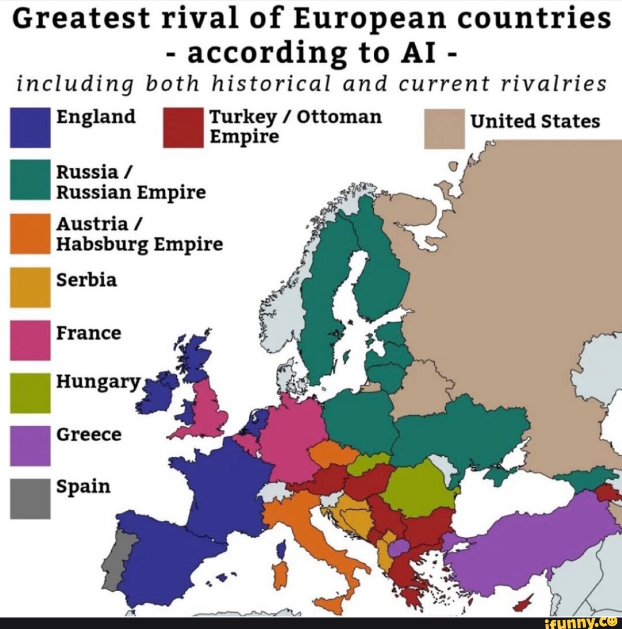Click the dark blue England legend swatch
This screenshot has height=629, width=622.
click(x=30, y=127)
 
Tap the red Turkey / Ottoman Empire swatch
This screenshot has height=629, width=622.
click(x=184, y=127)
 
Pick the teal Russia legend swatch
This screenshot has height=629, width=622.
click(x=30, y=179)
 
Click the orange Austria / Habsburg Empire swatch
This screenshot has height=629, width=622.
click(x=30, y=233)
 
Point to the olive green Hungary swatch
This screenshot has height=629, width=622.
click(x=30, y=393)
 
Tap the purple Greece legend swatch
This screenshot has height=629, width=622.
click(x=30, y=445)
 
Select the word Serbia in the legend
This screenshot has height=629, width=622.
click(x=86, y=281)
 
